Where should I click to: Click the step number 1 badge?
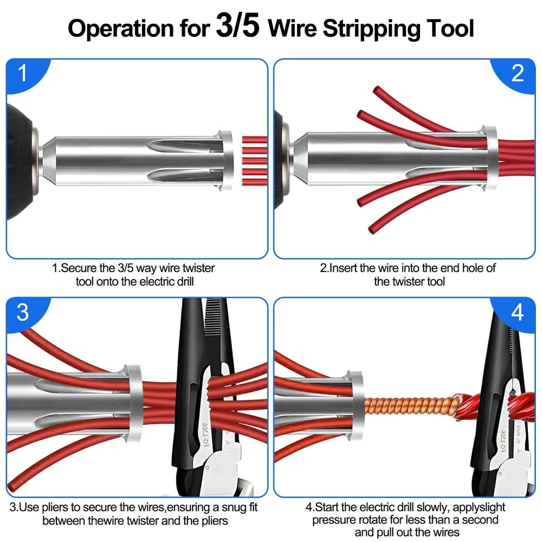click(22, 74)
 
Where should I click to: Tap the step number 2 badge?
click(518, 74)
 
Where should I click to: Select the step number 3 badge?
click(22, 313)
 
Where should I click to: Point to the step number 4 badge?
click(518, 313)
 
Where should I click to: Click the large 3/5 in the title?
click(237, 28)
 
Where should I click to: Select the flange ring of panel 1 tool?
click(226, 160)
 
